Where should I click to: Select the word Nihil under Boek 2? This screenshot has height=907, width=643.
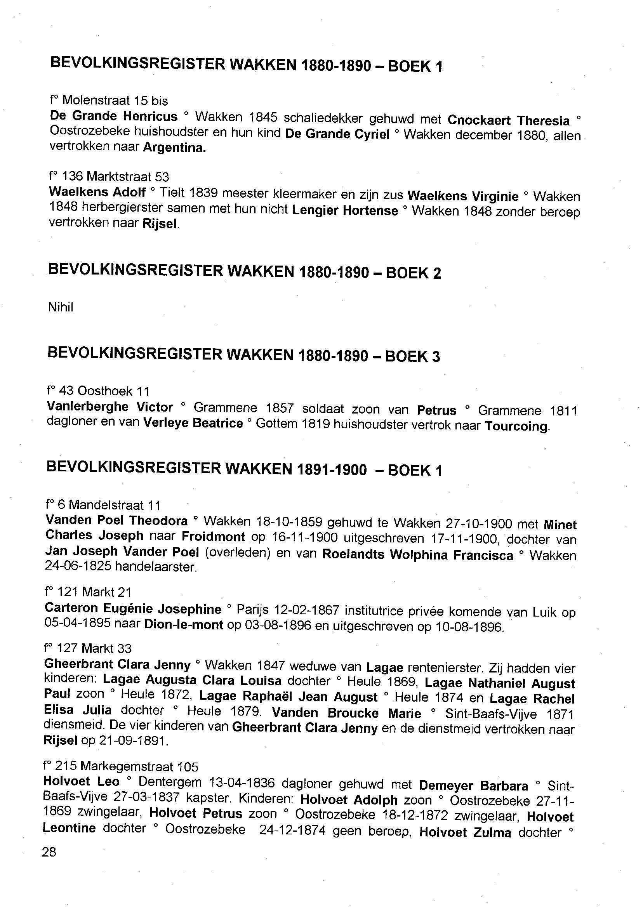61,307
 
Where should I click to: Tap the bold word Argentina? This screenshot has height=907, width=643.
174,148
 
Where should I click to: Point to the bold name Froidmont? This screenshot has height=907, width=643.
214,537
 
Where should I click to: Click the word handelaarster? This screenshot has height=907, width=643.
156,567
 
